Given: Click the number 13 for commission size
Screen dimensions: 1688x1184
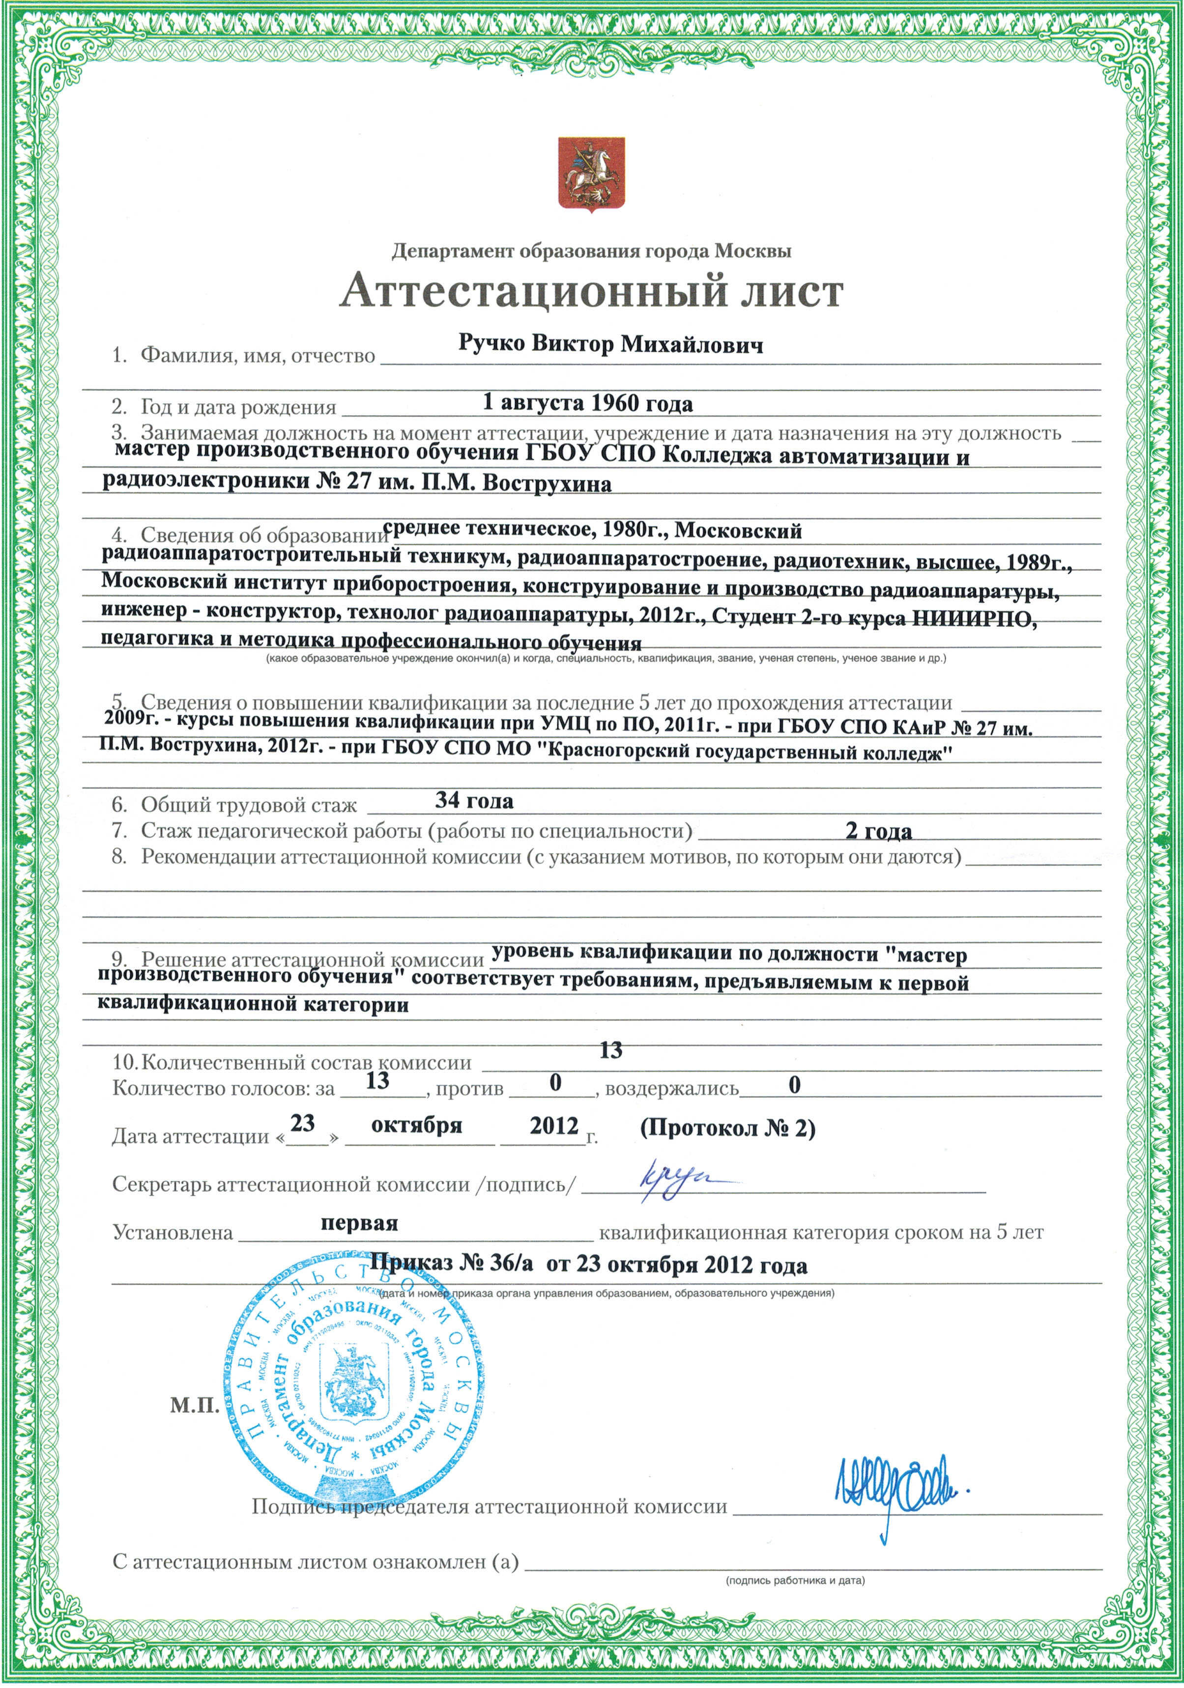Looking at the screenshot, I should click(x=610, y=1051).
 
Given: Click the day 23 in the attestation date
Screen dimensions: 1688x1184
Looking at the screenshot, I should click(x=302, y=1124).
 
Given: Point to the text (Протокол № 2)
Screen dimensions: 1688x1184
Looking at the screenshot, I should click(x=727, y=1128).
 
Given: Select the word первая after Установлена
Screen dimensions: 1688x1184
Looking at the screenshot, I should click(x=359, y=1223).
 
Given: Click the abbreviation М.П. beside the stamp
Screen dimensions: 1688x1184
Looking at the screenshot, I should click(x=195, y=1406).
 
